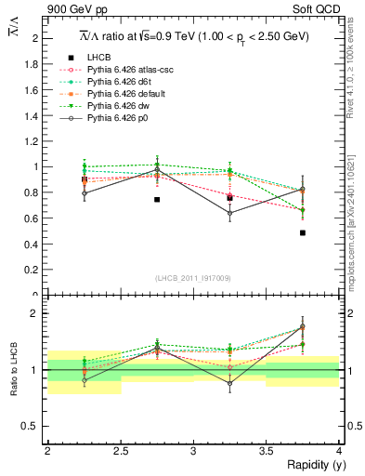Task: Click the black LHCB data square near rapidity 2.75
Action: [x=157, y=199]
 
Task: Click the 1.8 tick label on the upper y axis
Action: [x=34, y=64]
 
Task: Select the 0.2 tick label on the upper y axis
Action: [x=34, y=270]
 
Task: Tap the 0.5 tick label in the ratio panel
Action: [x=34, y=426]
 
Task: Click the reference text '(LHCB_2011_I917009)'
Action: [x=193, y=277]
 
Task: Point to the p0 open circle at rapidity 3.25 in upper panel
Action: [x=230, y=213]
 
